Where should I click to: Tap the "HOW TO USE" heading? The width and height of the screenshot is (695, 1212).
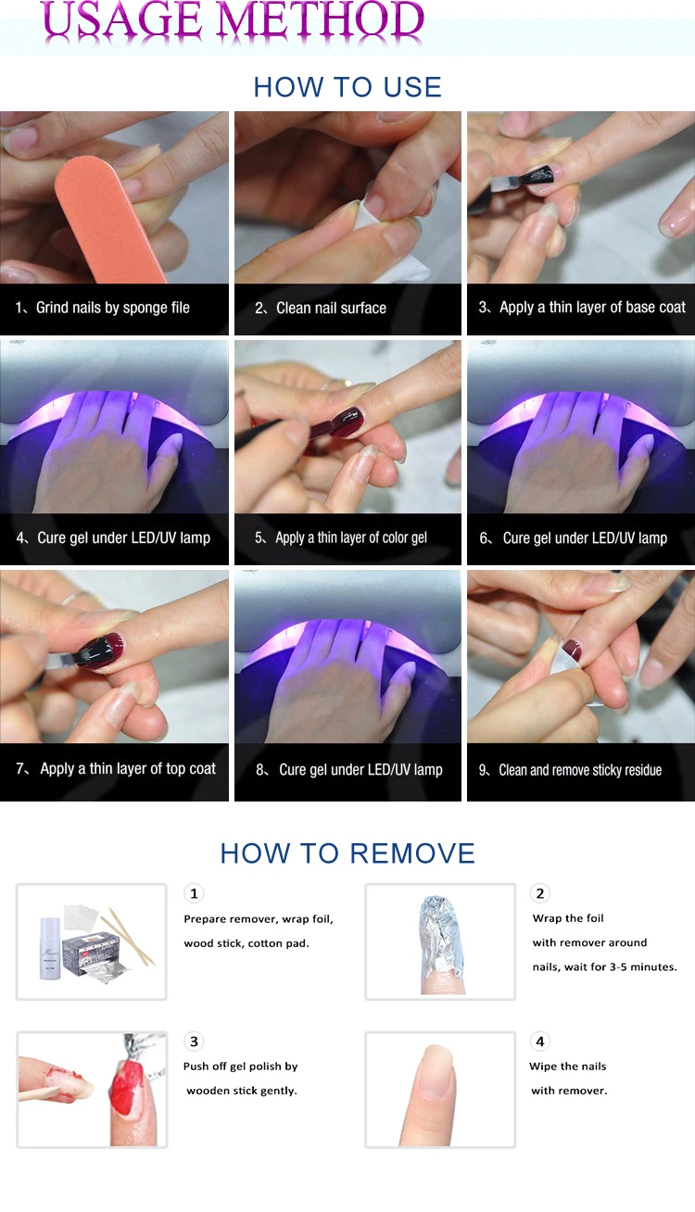[x=347, y=87]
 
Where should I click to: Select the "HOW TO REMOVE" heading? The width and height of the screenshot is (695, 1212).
[x=347, y=853]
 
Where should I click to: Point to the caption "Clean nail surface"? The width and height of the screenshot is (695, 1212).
[x=331, y=308]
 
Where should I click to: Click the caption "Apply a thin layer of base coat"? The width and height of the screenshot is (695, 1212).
[x=592, y=308]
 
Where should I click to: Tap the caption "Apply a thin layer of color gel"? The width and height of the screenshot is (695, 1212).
[x=351, y=537]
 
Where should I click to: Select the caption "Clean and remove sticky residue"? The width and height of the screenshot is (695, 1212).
[x=580, y=770]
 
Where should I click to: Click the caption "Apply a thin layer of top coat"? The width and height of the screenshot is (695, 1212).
[x=128, y=769]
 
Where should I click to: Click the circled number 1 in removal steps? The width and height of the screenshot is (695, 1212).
[x=194, y=893]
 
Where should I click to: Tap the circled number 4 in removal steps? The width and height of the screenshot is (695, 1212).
[x=539, y=1041]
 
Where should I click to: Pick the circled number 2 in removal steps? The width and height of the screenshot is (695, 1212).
[x=539, y=893]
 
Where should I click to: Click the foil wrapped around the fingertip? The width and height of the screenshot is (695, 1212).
[x=441, y=936]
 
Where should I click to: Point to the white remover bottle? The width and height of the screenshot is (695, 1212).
[x=50, y=948]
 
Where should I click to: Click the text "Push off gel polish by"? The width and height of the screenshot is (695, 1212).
[x=240, y=1067]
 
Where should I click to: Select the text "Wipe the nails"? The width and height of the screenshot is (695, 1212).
[x=567, y=1067]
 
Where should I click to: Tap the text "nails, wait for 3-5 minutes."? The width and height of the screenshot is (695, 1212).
[x=604, y=966]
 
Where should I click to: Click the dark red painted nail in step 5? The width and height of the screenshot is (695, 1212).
[x=349, y=423]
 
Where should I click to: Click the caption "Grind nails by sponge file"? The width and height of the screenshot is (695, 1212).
[x=112, y=308]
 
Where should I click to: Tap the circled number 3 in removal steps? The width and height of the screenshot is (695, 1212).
[x=194, y=1041]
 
